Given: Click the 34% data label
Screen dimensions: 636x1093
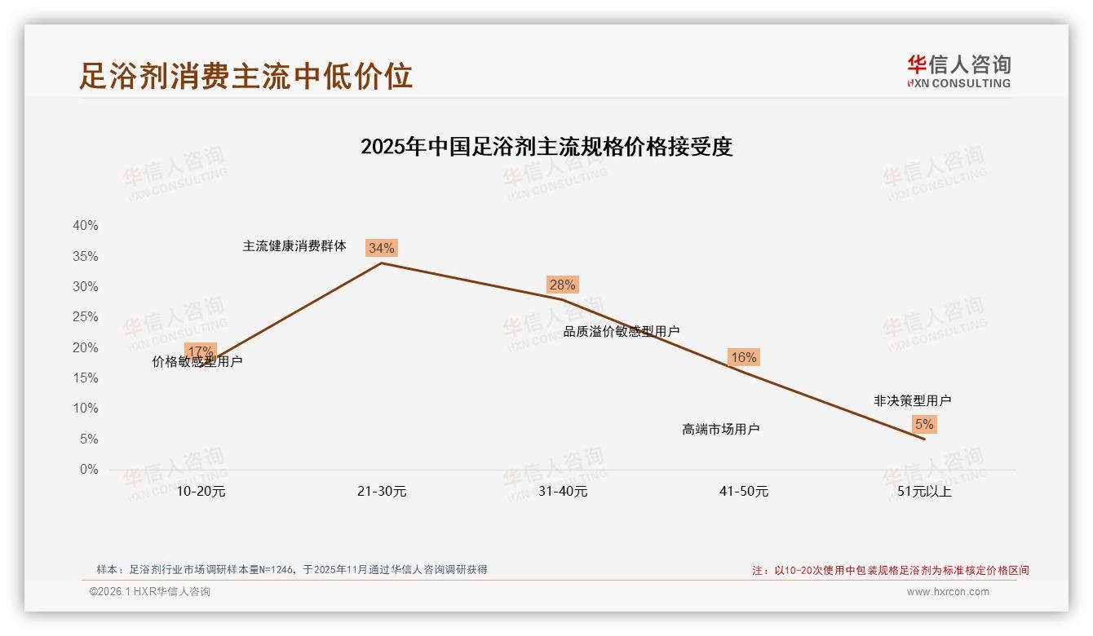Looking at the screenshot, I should click(x=381, y=248).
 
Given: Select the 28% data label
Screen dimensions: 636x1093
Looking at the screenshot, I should click(x=562, y=285).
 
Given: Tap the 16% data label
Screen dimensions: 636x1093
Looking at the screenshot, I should click(x=743, y=357).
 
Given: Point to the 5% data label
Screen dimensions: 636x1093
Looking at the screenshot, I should click(x=924, y=424).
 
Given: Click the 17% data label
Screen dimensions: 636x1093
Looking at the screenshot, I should click(x=201, y=351).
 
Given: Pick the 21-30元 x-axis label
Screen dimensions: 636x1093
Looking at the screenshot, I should click(x=382, y=492).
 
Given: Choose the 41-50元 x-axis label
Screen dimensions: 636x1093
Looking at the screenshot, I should click(x=744, y=492).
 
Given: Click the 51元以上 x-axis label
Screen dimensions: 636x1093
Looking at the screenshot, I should click(x=925, y=492).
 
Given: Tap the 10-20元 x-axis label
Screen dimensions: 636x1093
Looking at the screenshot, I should click(x=201, y=492).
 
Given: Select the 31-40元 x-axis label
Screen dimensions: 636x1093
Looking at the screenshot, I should click(x=563, y=492).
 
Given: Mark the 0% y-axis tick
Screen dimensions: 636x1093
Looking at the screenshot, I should click(x=88, y=470).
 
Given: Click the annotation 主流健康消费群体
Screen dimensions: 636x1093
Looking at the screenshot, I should click(x=294, y=245).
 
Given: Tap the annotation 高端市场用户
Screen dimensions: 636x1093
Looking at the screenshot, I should click(x=721, y=429).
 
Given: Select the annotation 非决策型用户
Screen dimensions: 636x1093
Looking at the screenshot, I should click(x=912, y=400).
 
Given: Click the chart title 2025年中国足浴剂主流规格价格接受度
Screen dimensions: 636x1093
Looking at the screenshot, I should click(x=546, y=147).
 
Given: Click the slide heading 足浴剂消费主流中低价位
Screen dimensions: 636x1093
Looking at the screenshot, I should click(x=246, y=75).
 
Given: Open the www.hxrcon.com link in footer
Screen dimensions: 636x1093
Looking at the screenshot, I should click(x=948, y=592).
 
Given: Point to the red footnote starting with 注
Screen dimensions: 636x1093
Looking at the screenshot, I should click(x=890, y=571).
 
